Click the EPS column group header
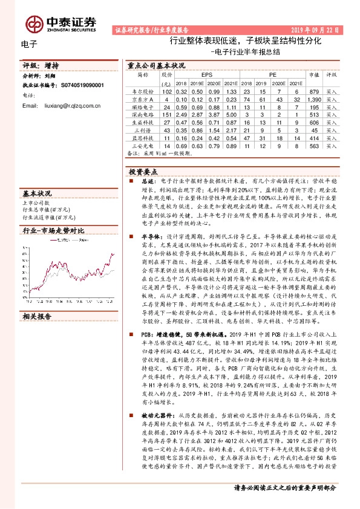pyautogui.click(x=207, y=75)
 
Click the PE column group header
pyautogui.click(x=273, y=75)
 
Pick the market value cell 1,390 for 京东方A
pyautogui.click(x=314, y=99)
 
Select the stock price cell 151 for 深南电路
pyautogui.click(x=168, y=114)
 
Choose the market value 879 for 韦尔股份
pyautogui.click(x=314, y=91)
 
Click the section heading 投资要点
pyautogui.click(x=142, y=172)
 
